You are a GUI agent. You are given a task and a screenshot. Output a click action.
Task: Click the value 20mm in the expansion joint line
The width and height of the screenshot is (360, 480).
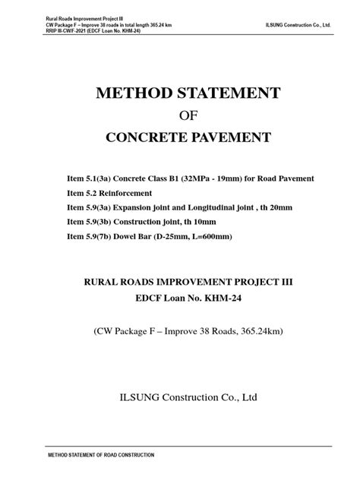coord(277,207)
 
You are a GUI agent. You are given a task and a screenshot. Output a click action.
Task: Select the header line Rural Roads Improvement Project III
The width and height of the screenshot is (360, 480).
coord(68,19)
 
